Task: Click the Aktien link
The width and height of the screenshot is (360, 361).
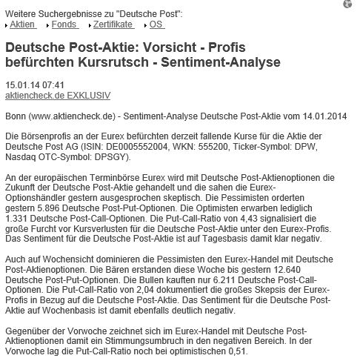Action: click(22, 24)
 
